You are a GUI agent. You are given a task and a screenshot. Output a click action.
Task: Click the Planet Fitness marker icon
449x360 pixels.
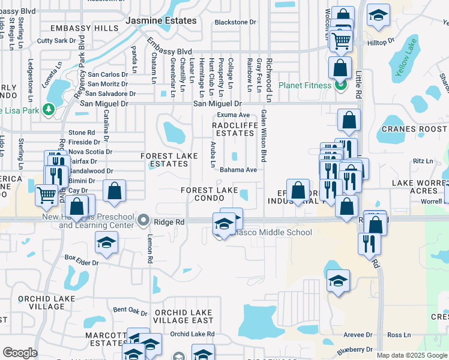coord(340,85)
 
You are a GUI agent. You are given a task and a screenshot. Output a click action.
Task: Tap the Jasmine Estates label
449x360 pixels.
coord(161,20)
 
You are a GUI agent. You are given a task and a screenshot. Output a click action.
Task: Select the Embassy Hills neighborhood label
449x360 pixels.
coord(84,28)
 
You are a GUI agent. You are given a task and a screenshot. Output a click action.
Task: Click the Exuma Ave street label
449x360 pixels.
coord(233,115)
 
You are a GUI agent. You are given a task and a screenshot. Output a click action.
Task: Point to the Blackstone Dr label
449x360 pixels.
coord(236,22)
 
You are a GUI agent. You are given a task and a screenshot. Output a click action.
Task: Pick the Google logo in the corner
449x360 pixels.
coord(20,353)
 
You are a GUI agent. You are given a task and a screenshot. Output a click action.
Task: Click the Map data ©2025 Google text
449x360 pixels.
coord(412,355)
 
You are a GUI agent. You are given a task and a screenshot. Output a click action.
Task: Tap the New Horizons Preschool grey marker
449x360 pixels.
coord(142,221)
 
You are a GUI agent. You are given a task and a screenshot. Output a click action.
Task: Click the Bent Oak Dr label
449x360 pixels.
coord(130,310)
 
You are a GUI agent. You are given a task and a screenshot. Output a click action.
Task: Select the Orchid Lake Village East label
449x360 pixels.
coord(183,316)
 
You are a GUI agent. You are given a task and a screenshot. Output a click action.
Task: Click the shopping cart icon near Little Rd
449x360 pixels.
coord(341,41)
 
